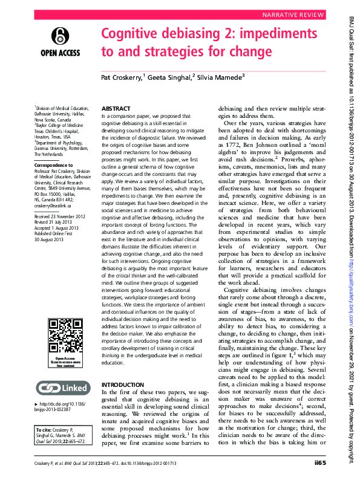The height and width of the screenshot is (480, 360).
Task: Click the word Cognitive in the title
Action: tap(132, 33)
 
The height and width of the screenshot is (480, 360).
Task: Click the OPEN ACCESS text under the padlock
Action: tap(60, 53)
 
